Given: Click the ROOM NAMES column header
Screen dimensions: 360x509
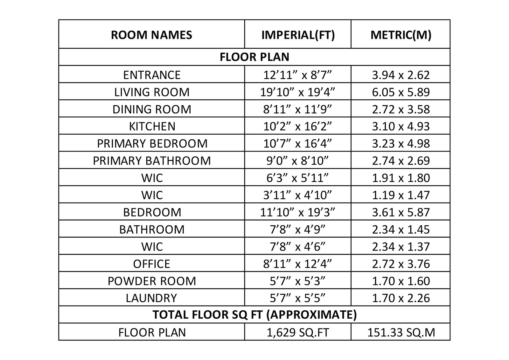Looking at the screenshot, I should click(151, 35).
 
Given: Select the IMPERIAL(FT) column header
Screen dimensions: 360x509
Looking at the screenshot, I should click(298, 35).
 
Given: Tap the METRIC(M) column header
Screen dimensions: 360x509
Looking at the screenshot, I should click(401, 35).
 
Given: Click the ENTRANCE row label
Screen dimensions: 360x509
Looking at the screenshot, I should click(152, 75).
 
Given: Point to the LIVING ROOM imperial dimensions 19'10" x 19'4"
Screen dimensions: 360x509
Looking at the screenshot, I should click(298, 92).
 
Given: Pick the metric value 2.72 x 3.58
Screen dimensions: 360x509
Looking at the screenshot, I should click(401, 109).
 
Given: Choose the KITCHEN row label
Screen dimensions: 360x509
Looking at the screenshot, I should click(152, 126).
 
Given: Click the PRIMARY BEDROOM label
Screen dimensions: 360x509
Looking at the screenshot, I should click(152, 144).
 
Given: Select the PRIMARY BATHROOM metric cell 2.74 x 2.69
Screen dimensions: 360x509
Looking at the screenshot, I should click(401, 161).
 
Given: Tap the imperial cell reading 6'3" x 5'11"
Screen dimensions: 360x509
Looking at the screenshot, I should click(298, 178).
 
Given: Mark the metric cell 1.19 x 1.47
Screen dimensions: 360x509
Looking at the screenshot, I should click(401, 195).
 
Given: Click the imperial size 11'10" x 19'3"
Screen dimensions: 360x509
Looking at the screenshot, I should click(298, 212).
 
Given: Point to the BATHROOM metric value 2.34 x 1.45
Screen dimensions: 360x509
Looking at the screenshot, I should click(401, 229).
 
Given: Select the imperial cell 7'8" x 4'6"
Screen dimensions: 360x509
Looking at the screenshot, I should click(298, 247).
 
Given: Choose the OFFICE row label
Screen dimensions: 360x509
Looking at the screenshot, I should click(152, 264).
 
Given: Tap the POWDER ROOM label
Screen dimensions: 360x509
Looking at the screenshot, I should click(152, 281).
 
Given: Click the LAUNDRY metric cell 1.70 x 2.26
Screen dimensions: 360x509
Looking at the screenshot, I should click(401, 298).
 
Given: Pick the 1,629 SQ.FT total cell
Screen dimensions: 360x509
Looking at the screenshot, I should click(298, 332).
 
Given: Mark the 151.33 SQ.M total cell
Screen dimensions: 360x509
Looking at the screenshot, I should click(401, 332).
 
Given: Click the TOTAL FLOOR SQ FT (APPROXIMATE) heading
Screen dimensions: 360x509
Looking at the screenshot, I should click(254, 315).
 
